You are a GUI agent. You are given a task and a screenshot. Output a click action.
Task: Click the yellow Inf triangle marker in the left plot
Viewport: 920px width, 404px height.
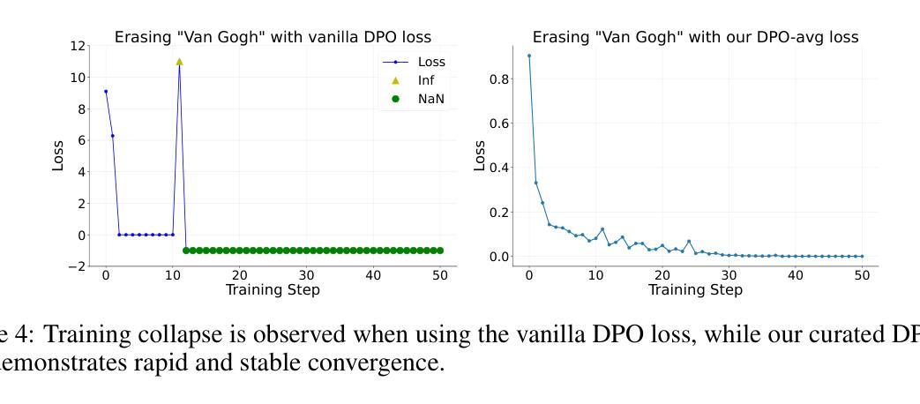(179, 62)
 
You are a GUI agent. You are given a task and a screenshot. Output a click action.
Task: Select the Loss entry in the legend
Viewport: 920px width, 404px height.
(430, 62)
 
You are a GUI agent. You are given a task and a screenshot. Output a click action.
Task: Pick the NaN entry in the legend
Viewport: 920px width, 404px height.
(430, 99)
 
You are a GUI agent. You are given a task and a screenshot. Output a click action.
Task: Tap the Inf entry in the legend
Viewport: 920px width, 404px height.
(426, 80)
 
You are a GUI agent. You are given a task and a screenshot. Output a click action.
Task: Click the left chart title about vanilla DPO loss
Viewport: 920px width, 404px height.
(273, 37)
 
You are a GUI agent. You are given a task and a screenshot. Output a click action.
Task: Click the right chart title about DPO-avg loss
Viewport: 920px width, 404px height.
(695, 37)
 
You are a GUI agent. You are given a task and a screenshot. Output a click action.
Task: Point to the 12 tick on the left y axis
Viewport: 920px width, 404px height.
(79, 46)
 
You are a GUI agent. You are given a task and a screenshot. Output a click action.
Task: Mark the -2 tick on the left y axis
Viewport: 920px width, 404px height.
(76, 266)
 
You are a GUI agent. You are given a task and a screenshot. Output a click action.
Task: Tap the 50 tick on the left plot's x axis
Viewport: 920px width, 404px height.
(440, 275)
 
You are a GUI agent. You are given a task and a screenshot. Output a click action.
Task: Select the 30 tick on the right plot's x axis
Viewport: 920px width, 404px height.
(729, 275)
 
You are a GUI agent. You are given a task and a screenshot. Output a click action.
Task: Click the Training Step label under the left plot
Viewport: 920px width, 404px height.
(273, 289)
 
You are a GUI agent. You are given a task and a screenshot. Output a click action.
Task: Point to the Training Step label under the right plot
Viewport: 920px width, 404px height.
(695, 289)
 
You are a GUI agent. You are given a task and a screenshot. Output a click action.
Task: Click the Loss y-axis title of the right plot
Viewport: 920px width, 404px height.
(480, 155)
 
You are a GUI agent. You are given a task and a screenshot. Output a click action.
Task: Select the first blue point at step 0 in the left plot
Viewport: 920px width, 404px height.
(106, 92)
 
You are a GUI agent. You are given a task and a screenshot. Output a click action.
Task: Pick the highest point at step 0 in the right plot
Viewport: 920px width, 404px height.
(529, 56)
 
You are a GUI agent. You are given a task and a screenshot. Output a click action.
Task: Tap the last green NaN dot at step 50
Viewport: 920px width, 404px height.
(440, 251)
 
